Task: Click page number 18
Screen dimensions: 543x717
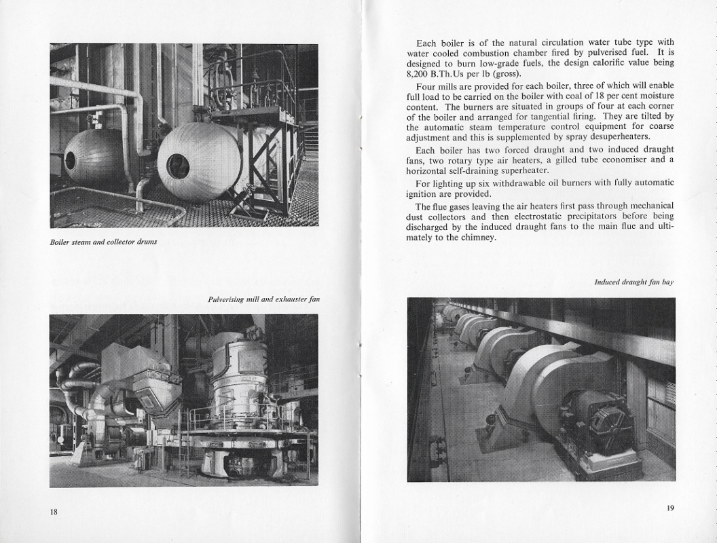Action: point(54,511)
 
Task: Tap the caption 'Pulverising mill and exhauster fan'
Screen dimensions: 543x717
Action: point(263,299)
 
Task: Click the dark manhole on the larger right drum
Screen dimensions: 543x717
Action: point(178,166)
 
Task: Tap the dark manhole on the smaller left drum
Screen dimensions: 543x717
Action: point(70,161)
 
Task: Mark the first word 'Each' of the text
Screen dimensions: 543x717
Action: point(426,42)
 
